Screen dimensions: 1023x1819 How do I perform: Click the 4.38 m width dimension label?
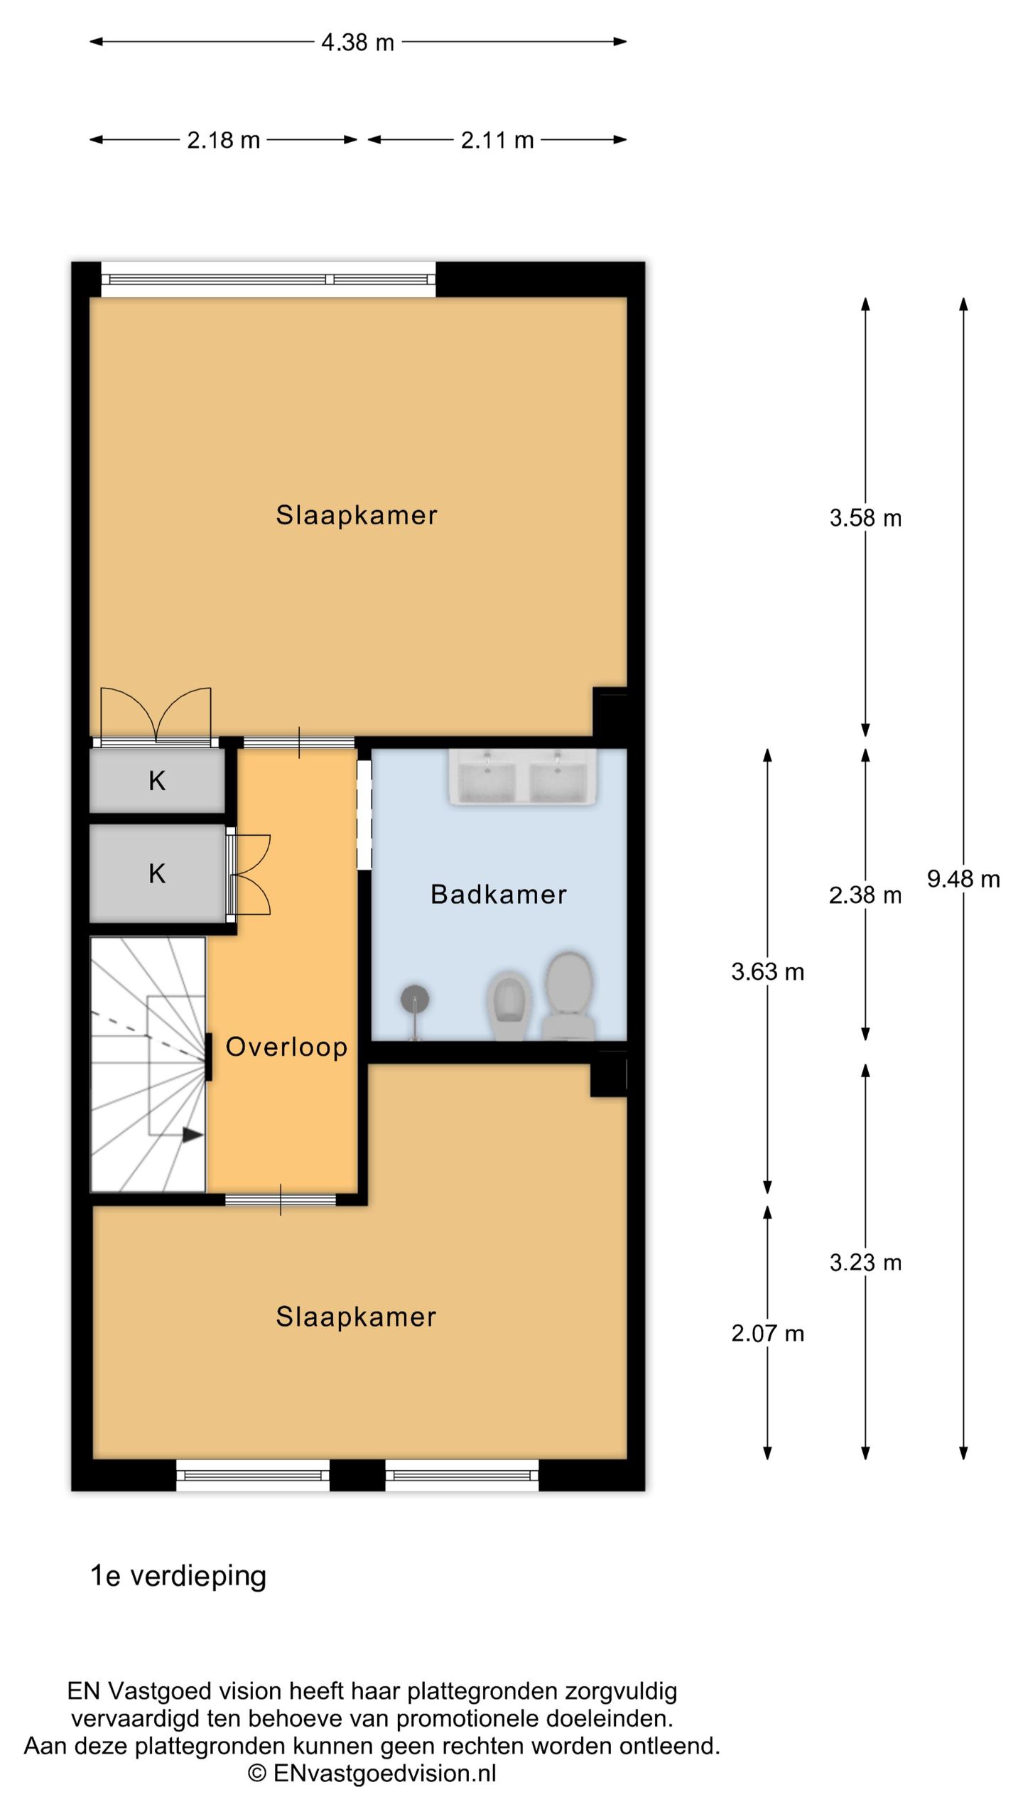tap(357, 43)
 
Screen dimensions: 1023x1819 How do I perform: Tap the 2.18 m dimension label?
tap(223, 141)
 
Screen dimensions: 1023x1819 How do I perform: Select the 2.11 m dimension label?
tap(497, 141)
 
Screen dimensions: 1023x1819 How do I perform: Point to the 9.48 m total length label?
tap(963, 880)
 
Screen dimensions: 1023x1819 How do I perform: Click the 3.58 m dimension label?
tap(865, 518)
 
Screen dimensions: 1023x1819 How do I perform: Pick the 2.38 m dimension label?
tap(865, 895)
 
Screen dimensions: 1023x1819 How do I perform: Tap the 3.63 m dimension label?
tap(768, 972)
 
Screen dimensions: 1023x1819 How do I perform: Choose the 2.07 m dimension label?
tap(768, 1334)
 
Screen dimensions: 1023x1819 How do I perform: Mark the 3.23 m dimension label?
tap(865, 1263)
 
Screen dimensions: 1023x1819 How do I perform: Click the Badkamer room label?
tap(499, 895)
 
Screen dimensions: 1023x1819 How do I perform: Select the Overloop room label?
tap(286, 1047)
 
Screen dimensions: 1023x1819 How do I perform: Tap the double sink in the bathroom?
tap(522, 777)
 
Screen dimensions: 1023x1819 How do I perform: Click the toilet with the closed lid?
tap(569, 996)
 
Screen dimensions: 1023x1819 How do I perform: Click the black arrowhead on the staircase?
tap(193, 1135)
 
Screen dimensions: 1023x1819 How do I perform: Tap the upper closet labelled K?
tap(157, 781)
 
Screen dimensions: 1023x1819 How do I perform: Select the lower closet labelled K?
tap(157, 873)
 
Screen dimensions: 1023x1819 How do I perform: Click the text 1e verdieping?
tap(178, 1576)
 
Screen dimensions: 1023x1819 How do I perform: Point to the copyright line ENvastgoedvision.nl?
tap(372, 1774)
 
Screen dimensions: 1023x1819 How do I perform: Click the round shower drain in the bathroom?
tap(415, 999)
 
